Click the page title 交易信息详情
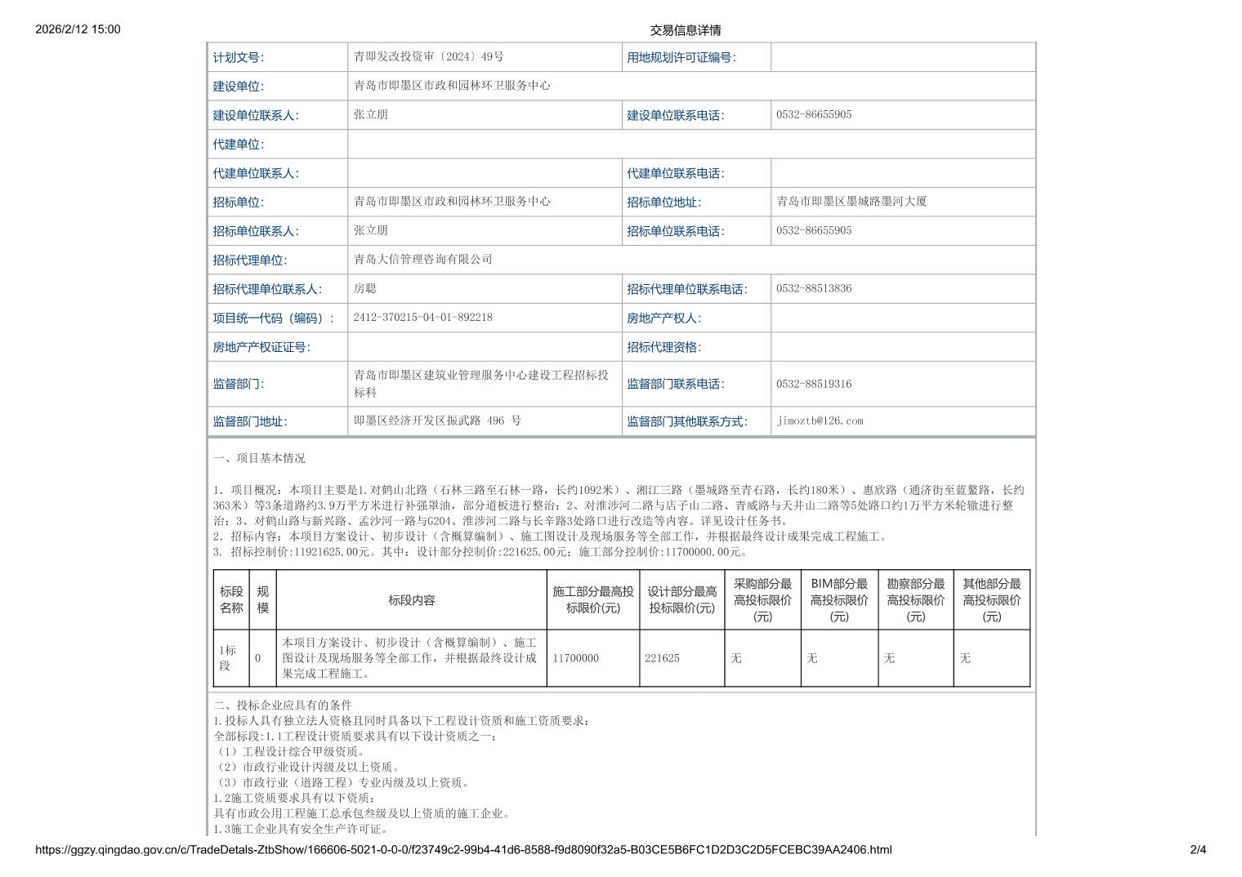point(685,30)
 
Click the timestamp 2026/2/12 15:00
point(78,29)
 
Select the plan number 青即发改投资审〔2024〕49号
point(428,56)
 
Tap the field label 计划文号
point(238,57)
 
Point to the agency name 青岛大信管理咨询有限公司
point(422,259)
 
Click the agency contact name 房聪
point(364,288)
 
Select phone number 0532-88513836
point(813,288)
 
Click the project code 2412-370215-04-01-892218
point(422,317)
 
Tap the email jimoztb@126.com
point(820,421)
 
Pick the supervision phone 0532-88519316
point(813,384)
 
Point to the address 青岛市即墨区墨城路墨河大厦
point(851,201)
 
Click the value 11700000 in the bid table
point(575,658)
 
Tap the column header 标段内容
point(411,600)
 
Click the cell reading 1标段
point(228,657)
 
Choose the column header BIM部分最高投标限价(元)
point(838,600)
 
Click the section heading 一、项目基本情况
point(259,458)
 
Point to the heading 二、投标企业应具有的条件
point(282,705)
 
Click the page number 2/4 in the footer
point(1198,850)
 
